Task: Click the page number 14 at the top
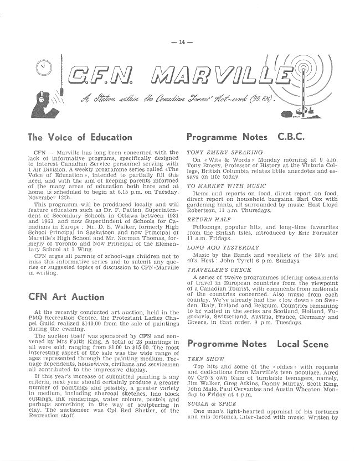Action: click(x=180, y=42)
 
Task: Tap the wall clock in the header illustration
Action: click(x=43, y=68)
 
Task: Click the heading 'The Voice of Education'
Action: click(x=80, y=137)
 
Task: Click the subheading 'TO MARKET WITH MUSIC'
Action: click(x=218, y=187)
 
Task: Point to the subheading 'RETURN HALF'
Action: click(x=204, y=219)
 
